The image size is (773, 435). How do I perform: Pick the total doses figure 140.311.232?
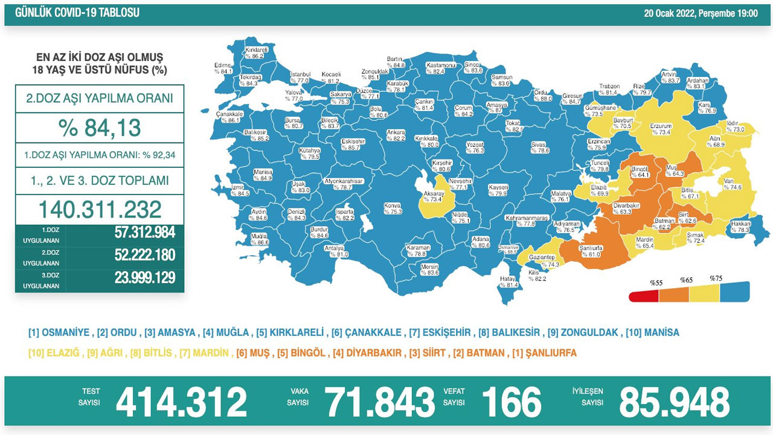coord(100,209)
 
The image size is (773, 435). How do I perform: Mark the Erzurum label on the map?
coord(661,129)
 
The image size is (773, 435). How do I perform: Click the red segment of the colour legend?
coord(644,296)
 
